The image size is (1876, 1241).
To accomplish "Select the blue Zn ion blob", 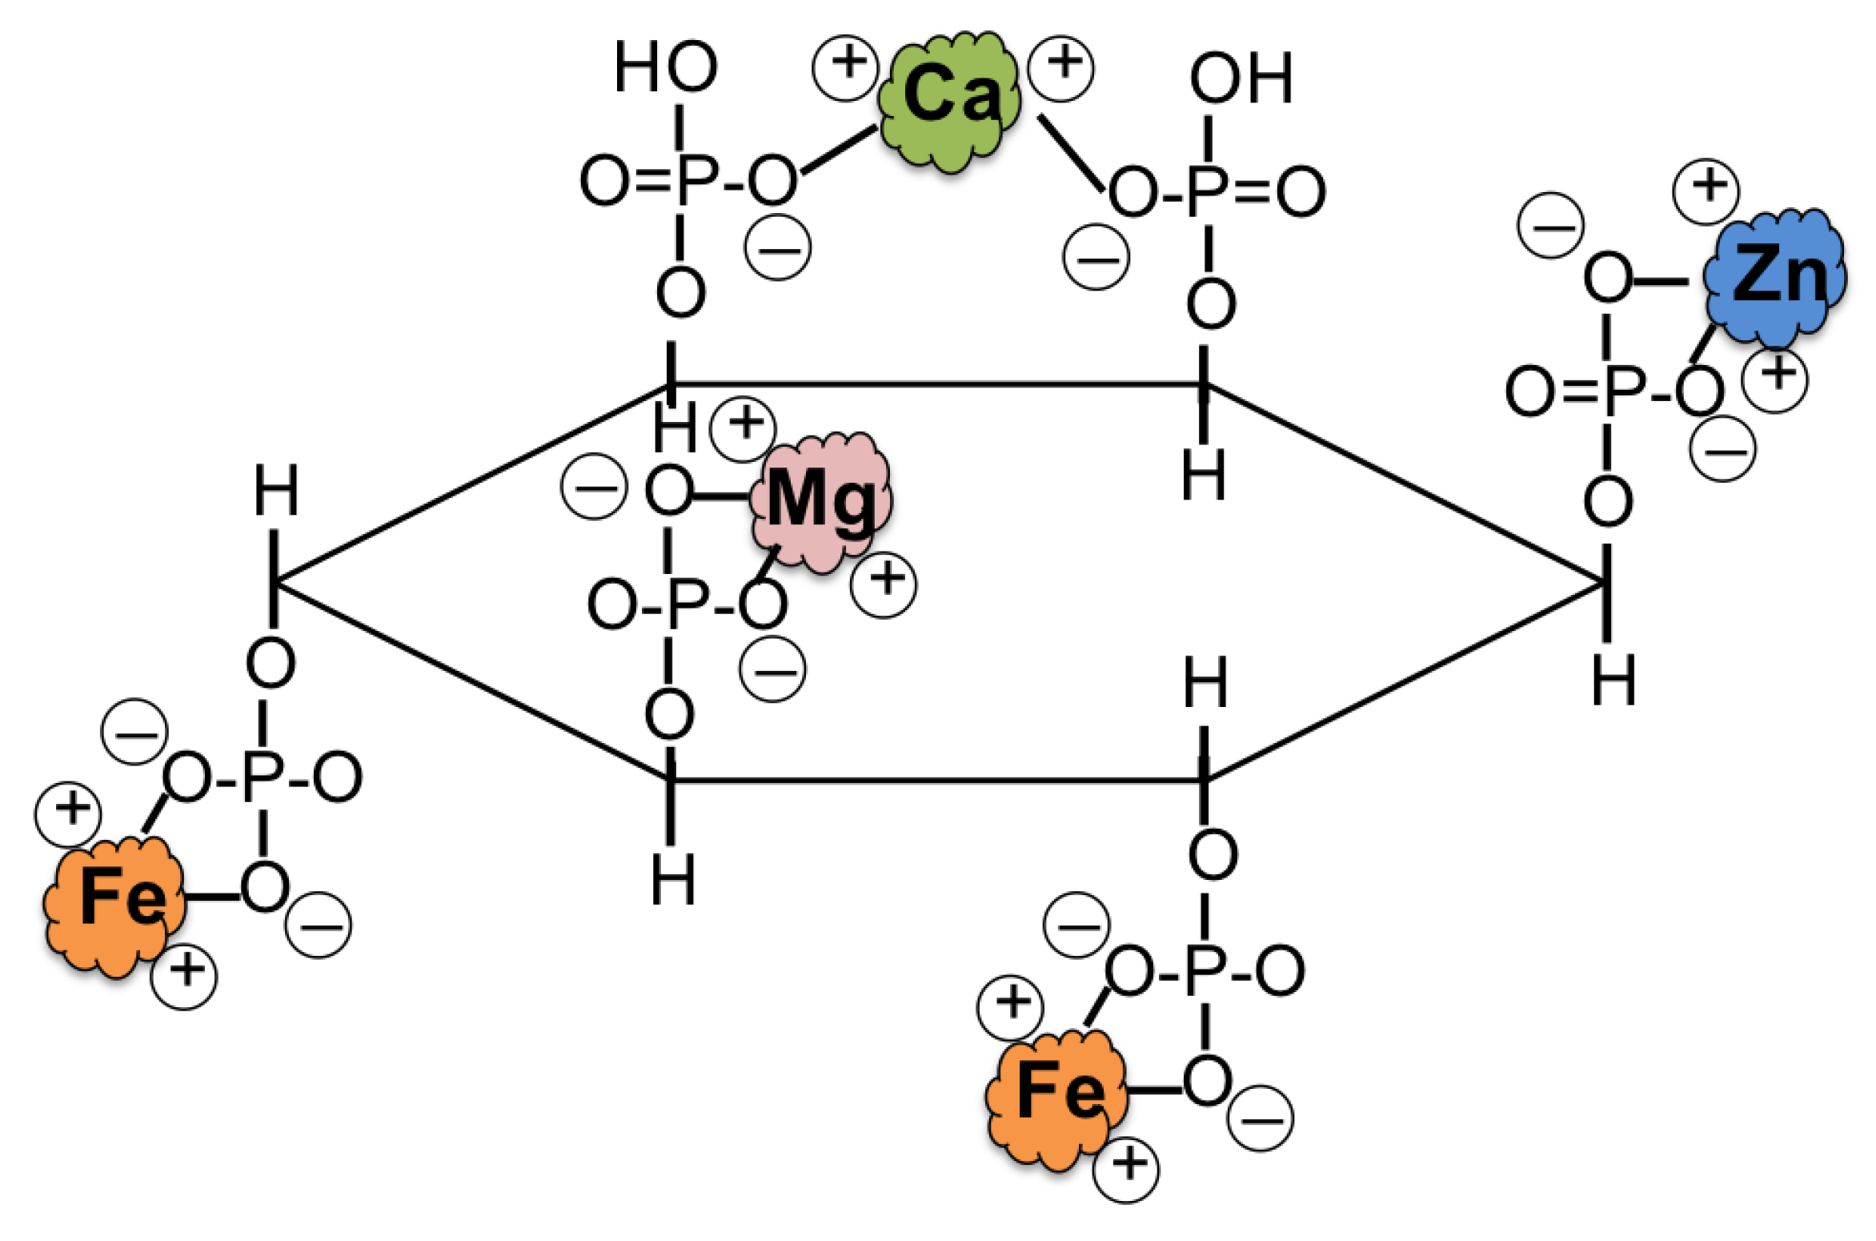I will (1775, 278).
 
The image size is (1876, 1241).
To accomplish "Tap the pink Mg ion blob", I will (820, 502).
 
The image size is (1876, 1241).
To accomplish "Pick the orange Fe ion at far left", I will (116, 902).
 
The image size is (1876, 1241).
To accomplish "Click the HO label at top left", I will (665, 67).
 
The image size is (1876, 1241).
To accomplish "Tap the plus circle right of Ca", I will (1060, 68).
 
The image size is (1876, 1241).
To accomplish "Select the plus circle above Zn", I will (1706, 191).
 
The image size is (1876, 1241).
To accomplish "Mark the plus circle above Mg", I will (743, 429).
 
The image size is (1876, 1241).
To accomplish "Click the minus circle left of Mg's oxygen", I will (594, 487).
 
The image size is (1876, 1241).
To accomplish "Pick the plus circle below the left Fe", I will (184, 976).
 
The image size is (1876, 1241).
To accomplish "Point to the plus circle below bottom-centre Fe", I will (1126, 1170).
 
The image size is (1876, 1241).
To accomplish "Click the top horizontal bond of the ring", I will (936, 385).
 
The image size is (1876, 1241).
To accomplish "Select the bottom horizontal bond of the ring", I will (936, 779).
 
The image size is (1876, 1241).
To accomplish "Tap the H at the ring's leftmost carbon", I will (276, 490).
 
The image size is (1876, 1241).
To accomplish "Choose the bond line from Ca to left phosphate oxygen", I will (839, 150).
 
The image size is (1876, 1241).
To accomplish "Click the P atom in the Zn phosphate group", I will (1625, 392).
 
